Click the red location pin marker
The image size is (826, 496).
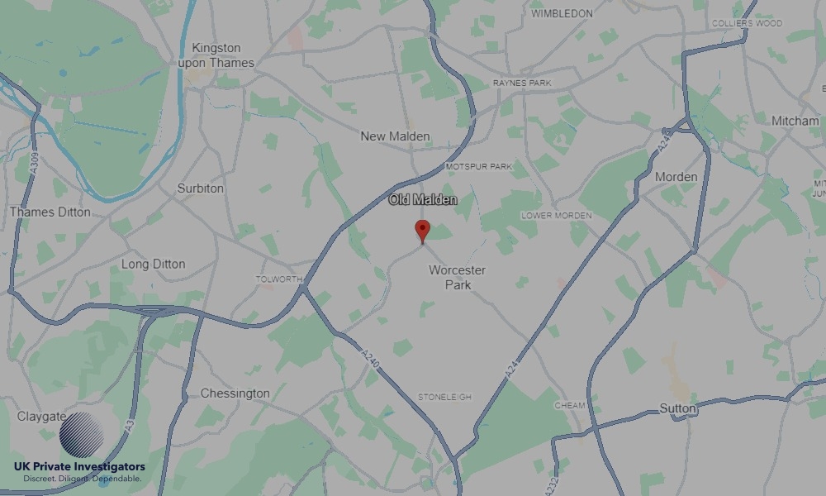[x=422, y=230]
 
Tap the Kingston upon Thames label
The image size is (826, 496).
[x=216, y=55]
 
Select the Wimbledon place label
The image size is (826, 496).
[x=562, y=14]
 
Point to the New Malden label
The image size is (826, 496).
[x=395, y=136]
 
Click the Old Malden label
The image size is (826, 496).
[x=423, y=200]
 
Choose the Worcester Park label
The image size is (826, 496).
[x=457, y=277]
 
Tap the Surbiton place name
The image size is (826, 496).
[x=200, y=188]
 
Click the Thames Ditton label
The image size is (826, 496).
[x=50, y=212]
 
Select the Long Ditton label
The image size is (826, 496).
[x=153, y=265]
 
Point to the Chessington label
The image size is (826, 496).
[x=235, y=393]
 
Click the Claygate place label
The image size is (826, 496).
[x=41, y=417]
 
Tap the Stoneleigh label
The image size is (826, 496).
[x=444, y=398]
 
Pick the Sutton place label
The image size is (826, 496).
[x=677, y=408]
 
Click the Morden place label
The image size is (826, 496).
[x=676, y=177]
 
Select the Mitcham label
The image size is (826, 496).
[x=795, y=121]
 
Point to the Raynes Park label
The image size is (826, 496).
[x=521, y=83]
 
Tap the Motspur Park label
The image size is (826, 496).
[x=479, y=167]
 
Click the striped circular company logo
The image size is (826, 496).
[x=81, y=436]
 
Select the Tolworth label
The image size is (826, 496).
[x=279, y=279]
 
